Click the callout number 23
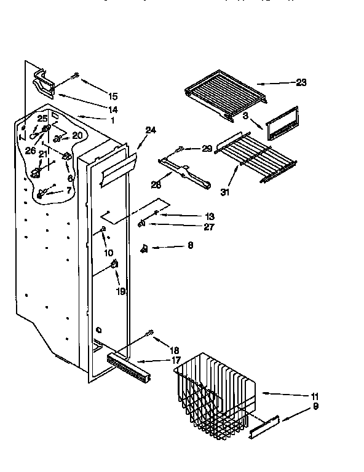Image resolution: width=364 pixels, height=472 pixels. click(301, 82)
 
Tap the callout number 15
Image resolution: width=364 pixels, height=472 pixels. click(113, 96)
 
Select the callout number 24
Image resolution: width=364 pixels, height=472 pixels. click(151, 130)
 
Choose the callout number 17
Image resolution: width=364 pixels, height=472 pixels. click(176, 360)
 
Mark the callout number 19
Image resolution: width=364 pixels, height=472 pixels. click(120, 293)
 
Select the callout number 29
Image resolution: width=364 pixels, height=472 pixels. click(207, 149)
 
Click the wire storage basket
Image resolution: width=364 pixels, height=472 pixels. click(215, 393)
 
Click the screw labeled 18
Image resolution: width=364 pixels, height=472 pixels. click(149, 334)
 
